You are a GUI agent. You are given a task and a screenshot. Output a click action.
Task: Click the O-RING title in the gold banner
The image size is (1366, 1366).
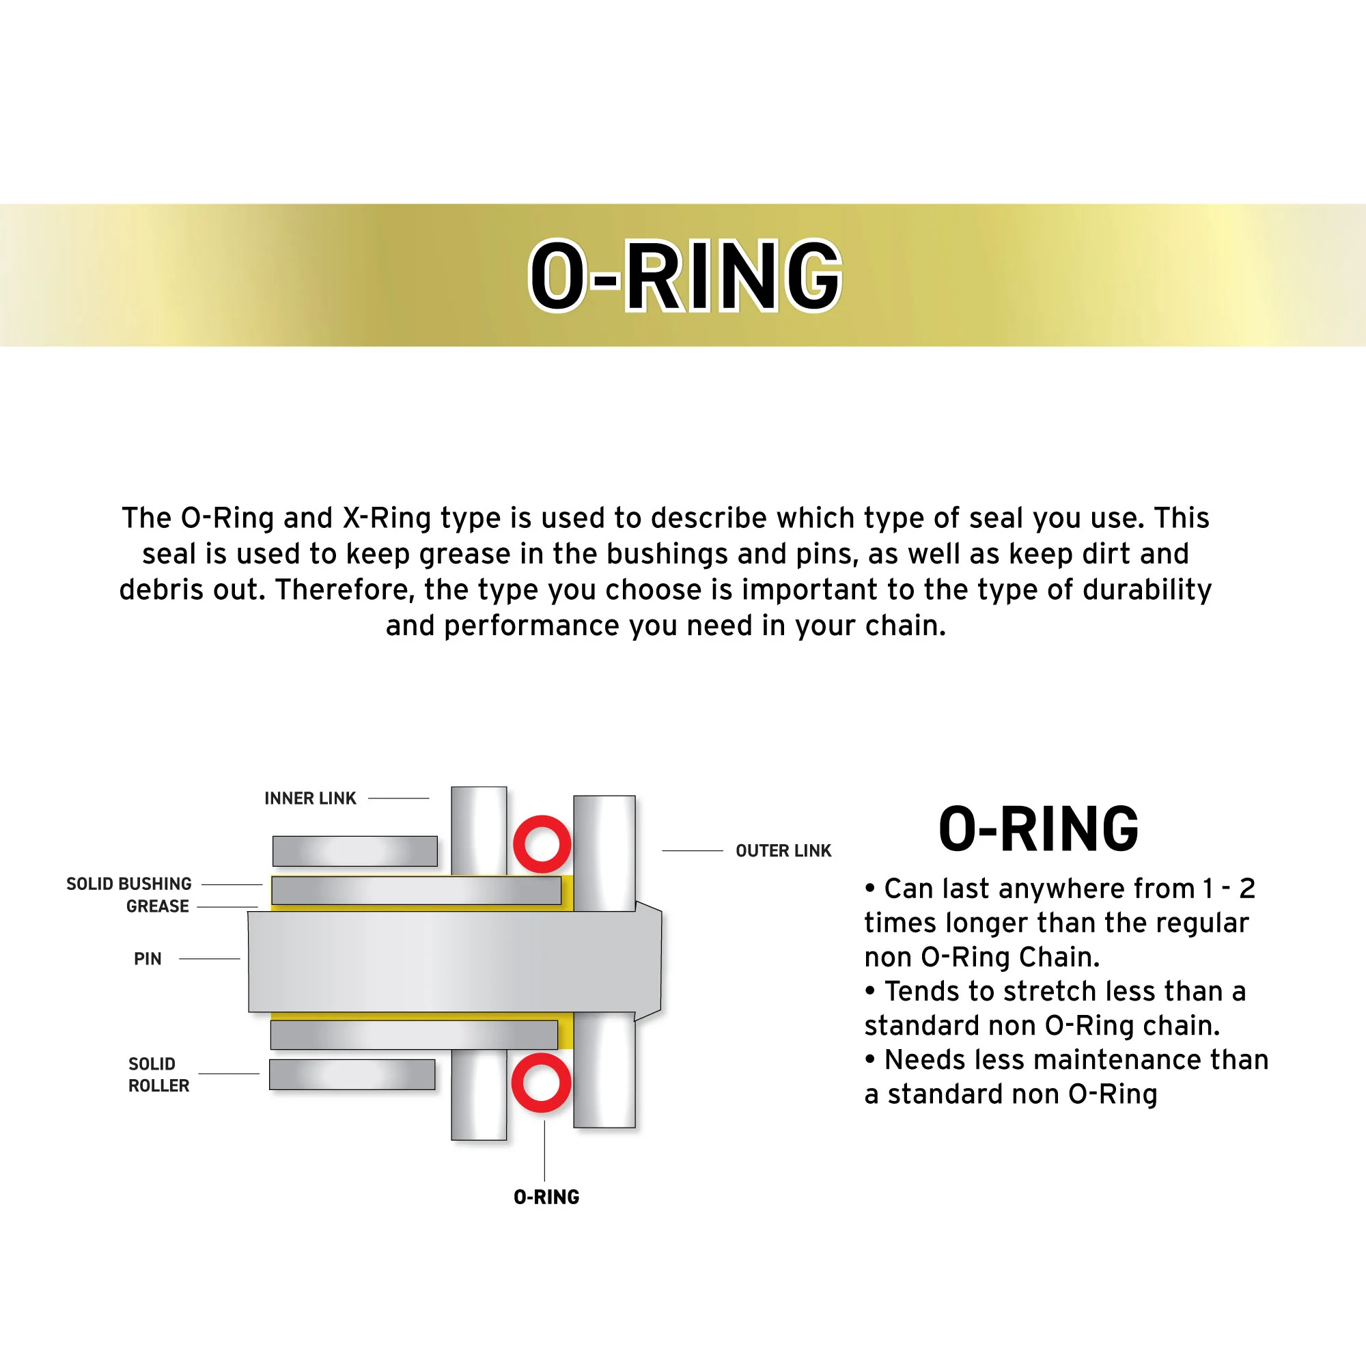[684, 276]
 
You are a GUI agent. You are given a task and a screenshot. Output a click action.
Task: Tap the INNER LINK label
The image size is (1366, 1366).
[309, 798]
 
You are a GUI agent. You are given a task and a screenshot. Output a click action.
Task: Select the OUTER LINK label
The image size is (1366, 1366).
[783, 850]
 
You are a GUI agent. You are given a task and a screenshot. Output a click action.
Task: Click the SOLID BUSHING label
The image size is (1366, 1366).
[128, 884]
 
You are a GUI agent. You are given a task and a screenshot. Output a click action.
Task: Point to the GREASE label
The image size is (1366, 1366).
[157, 906]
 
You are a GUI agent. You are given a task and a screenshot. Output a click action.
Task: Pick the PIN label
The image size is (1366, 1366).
[147, 959]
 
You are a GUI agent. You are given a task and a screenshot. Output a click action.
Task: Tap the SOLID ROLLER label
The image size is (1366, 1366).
[158, 1074]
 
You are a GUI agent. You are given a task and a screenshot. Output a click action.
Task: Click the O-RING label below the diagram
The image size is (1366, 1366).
[546, 1197]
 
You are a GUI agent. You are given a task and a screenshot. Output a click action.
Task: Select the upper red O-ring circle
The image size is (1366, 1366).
[542, 844]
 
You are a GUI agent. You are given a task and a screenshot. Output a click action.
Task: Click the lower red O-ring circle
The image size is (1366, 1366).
[541, 1083]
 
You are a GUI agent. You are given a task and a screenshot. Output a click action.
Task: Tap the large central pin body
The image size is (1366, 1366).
[453, 962]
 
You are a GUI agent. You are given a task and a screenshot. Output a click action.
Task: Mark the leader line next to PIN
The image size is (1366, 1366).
[209, 959]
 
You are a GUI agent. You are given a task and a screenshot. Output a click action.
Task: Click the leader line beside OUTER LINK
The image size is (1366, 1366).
[692, 850]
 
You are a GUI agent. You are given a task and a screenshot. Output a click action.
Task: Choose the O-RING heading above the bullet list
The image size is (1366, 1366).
[1038, 828]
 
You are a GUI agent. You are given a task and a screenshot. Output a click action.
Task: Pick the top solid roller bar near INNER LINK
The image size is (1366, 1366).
[354, 851]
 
